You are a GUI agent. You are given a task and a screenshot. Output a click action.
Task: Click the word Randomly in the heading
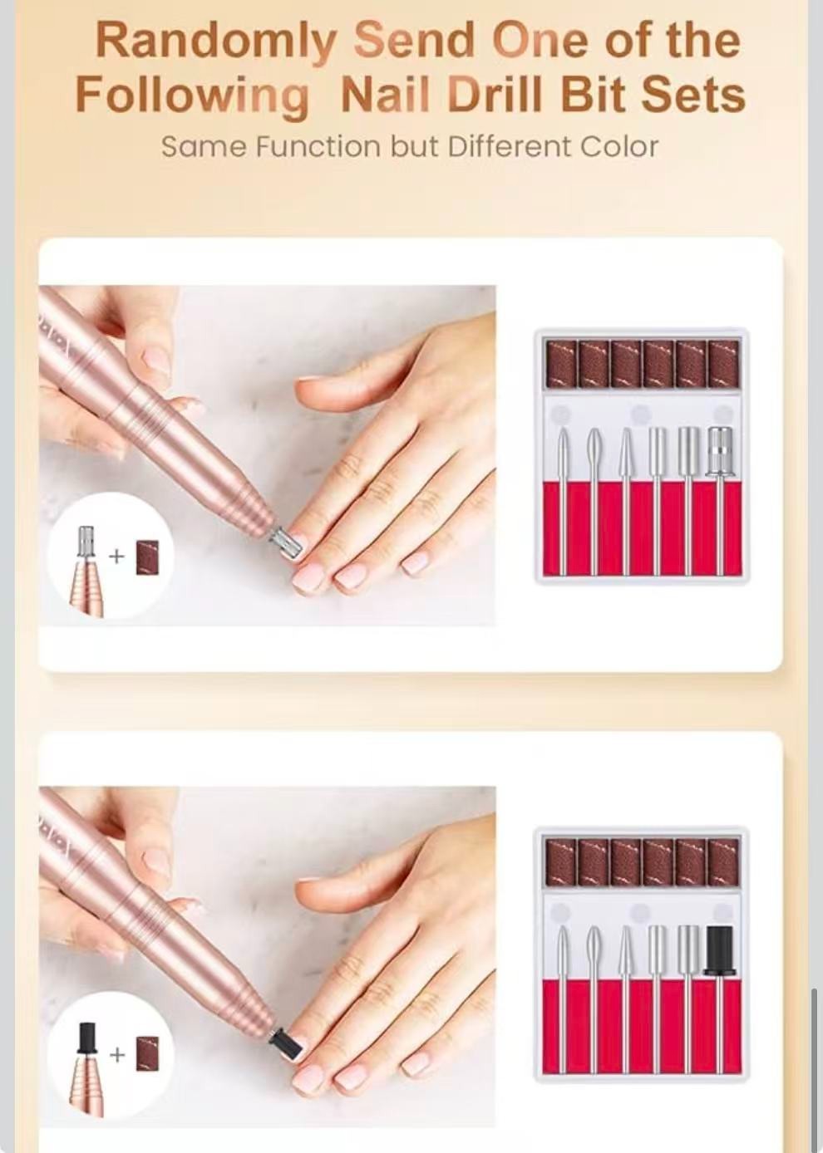tap(216, 42)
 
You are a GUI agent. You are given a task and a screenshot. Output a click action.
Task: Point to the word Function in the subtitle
tap(317, 146)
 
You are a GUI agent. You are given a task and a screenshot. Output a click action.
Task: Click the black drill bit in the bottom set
tap(719, 949)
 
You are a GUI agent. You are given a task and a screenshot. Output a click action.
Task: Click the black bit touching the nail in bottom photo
tap(287, 1042)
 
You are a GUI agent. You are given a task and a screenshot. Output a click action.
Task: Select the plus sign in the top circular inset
tap(116, 556)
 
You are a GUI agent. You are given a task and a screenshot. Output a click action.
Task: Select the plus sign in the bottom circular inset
tap(116, 1054)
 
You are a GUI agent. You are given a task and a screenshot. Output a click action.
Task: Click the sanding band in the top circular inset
tap(147, 557)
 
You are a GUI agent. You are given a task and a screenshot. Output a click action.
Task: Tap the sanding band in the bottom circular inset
tap(147, 1054)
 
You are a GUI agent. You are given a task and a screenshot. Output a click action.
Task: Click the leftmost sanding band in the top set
tap(561, 363)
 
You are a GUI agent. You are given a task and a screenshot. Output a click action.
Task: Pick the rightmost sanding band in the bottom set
tap(723, 861)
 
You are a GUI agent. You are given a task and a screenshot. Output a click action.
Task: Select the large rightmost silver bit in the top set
tap(720, 453)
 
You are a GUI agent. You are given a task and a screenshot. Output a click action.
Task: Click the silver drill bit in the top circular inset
tap(86, 543)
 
